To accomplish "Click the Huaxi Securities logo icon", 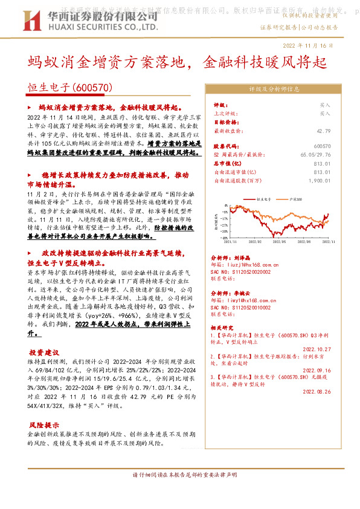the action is click(36, 19).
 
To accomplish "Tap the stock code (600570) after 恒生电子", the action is click(94, 88).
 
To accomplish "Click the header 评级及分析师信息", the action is click(274, 88).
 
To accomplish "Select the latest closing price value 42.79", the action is click(323, 130).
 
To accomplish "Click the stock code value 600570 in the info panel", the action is click(323, 146).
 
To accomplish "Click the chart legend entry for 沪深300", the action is click(295, 198).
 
